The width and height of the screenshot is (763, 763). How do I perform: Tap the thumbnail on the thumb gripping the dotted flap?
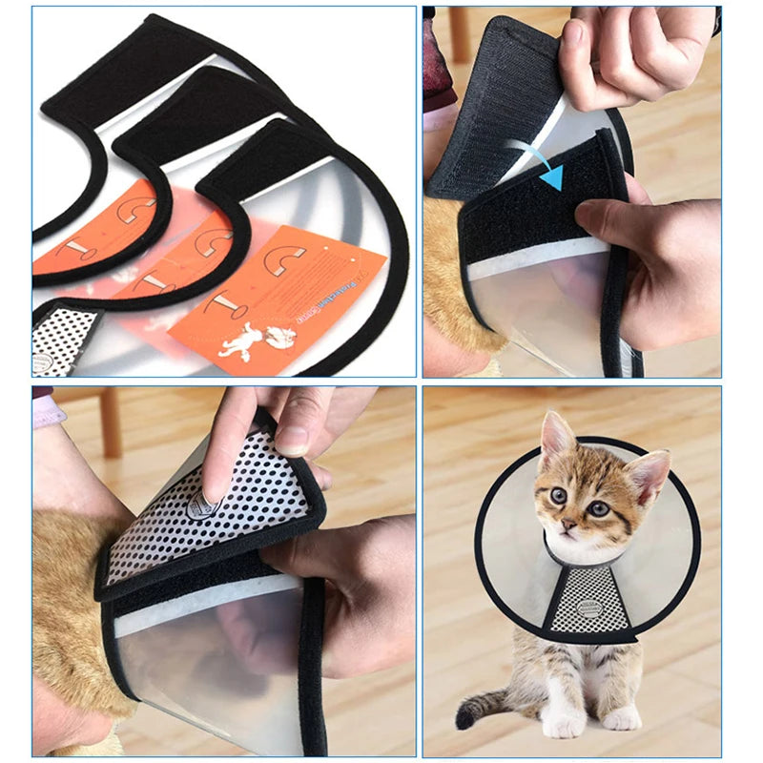pos(293,436)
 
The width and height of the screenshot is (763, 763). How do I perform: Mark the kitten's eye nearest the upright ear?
pos(558,495)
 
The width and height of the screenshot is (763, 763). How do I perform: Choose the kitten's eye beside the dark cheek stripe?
pos(599,508)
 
